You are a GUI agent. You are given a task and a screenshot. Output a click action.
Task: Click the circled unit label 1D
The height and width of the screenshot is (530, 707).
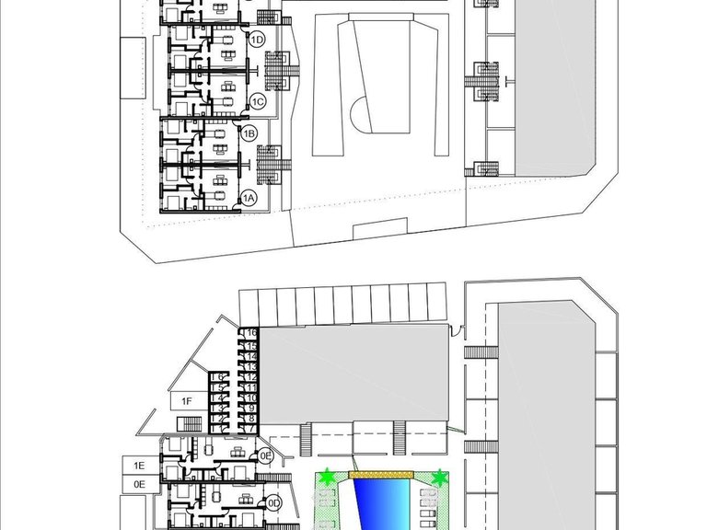[258, 40]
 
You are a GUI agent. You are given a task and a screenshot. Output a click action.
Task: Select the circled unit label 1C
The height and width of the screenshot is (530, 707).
[258, 100]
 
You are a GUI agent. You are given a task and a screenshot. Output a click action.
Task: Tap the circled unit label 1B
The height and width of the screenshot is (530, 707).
[249, 133]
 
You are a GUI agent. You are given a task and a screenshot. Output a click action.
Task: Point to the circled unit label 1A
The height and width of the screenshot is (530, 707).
[249, 197]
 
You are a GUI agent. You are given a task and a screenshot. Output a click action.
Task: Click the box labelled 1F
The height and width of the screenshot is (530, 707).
[186, 401]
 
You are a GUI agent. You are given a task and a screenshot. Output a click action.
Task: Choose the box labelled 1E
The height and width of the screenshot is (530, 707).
[140, 466]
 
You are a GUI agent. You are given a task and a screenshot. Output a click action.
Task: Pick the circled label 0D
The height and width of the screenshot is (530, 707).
[273, 502]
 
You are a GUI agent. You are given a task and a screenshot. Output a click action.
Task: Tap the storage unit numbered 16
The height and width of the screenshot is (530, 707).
[250, 333]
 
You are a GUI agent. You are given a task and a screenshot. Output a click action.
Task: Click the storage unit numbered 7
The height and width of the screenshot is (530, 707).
[250, 429]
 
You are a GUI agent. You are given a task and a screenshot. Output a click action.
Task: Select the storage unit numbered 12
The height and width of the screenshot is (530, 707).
[250, 376]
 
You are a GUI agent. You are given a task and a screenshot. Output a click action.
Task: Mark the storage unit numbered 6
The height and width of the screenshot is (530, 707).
[219, 377]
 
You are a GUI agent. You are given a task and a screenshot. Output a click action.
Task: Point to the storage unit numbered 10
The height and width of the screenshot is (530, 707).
[250, 397]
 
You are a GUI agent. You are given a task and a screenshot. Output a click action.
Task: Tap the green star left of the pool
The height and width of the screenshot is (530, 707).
[327, 478]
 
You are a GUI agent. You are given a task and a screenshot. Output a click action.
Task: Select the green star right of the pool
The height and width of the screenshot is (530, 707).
[440, 478]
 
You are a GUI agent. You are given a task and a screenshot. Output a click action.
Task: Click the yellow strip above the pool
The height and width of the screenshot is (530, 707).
[382, 475]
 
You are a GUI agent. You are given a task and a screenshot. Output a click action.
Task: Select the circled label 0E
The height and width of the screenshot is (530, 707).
[265, 455]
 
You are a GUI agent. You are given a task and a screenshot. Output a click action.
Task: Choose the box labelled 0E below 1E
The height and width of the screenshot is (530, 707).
[140, 483]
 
